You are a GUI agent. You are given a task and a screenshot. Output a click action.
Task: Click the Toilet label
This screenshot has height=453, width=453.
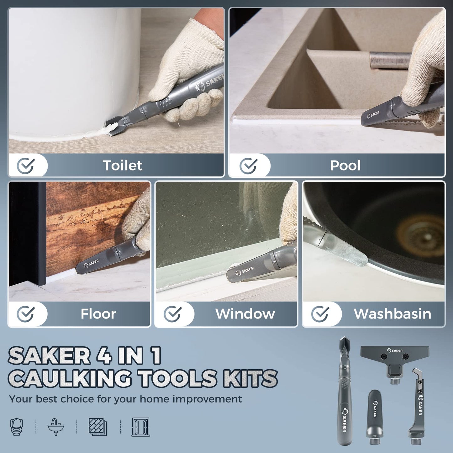point(123,165)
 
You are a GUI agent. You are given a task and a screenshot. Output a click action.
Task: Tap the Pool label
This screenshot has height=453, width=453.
point(345,165)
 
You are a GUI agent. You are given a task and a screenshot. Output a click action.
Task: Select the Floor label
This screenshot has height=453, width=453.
point(98,314)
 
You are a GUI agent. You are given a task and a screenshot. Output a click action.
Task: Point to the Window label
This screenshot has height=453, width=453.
point(245,314)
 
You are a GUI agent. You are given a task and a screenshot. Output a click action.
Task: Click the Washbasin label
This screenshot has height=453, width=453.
point(392,314)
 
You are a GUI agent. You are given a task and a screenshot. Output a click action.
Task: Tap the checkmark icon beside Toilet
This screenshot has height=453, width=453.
point(26,166)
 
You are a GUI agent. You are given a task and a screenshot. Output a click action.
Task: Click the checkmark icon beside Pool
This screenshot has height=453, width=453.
point(249,166)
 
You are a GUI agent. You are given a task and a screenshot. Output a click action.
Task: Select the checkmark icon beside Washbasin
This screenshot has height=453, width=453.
point(320,314)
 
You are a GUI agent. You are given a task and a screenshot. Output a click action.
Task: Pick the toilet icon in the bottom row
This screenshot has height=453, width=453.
point(16,427)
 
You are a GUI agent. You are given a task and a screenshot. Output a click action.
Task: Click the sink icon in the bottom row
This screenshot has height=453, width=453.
point(56,427)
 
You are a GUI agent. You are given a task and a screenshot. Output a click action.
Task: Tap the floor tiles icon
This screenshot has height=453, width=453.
point(98,427)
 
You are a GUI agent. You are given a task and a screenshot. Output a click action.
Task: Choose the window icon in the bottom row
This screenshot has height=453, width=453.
point(140,427)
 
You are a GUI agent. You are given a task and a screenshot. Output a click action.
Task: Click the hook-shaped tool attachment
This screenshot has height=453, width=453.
point(419,409)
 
